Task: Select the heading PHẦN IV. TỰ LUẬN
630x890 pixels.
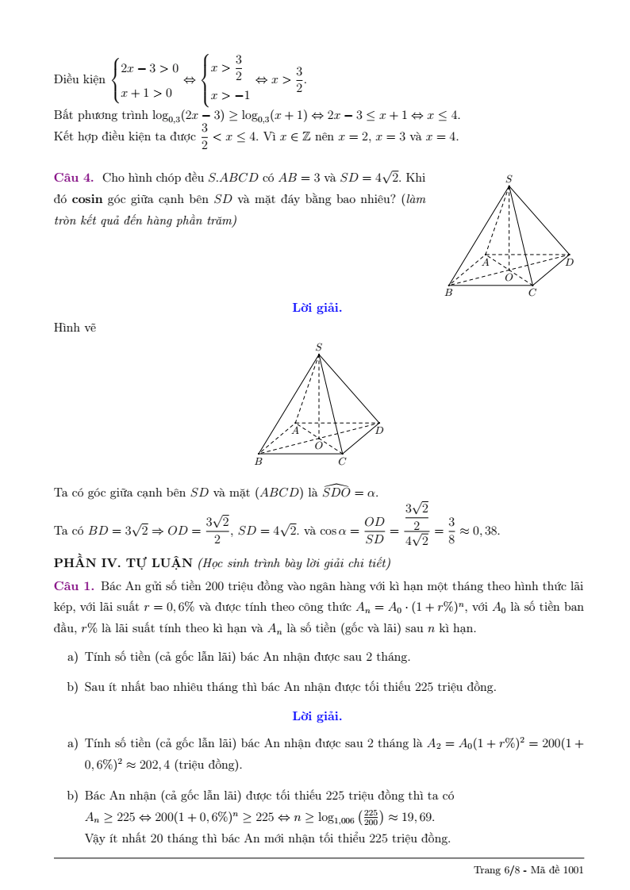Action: [x=123, y=563]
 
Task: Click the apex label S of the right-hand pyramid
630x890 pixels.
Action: [x=509, y=179]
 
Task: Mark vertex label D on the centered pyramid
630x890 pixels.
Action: [x=379, y=431]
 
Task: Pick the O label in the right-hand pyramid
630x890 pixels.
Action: [x=509, y=277]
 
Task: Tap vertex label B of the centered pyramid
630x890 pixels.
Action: [x=259, y=461]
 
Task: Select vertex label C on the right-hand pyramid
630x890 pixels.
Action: [x=532, y=293]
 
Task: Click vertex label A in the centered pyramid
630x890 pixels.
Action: [x=294, y=431]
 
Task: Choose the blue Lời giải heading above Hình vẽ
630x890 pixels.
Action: [x=317, y=308]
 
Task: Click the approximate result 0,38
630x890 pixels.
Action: [x=486, y=531]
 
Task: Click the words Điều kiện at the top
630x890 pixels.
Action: [x=79, y=79]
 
